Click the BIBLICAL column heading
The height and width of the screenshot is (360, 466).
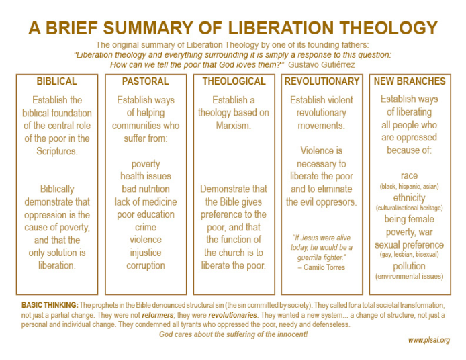tap(57, 81)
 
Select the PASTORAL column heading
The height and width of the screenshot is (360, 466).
tap(145, 81)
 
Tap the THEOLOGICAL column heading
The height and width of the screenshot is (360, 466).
tap(234, 81)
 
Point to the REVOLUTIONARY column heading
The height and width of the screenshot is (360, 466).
tap(322, 81)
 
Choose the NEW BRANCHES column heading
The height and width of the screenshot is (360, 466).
tap(410, 81)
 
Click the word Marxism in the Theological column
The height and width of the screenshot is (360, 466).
tap(233, 126)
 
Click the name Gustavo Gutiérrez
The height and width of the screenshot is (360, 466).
tap(322, 64)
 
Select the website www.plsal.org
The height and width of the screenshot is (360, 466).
tap(429, 340)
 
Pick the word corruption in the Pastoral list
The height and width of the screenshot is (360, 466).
tap(146, 265)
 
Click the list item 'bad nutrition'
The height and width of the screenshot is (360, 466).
tap(146, 189)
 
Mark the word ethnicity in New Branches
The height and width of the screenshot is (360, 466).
tap(409, 198)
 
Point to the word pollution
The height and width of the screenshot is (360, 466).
tap(409, 267)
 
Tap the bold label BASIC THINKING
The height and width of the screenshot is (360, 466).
tap(50, 305)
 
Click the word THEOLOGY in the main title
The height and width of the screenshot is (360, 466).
tap(388, 28)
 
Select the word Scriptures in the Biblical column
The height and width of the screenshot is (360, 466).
tap(57, 151)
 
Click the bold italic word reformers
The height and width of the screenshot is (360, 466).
tap(158, 315)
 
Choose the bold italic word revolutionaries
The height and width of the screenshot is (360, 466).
tap(233, 315)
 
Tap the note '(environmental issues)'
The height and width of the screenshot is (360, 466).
tap(409, 277)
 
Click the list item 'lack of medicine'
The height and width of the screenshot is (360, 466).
tap(146, 202)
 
